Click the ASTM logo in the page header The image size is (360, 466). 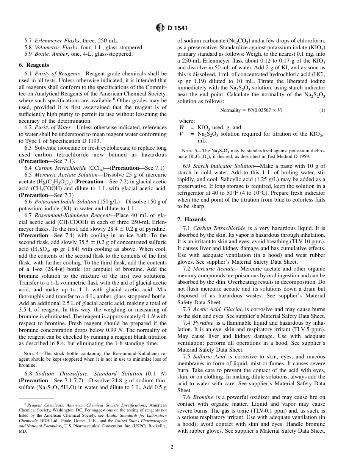point(160,28)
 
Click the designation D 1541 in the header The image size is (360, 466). point(177,28)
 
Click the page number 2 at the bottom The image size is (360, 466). point(172,447)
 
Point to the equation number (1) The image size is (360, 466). point(322,110)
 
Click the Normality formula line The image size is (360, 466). point(251,110)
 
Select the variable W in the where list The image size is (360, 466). point(182,128)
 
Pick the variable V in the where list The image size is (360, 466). point(182,134)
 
